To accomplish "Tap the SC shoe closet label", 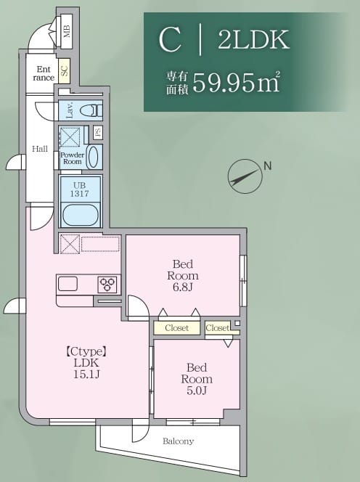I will pos(64,71).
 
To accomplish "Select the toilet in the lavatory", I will pos(89,111).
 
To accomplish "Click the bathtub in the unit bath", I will pos(80,215).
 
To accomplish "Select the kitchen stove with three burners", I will pos(108,284).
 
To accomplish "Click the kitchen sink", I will pos(68,284).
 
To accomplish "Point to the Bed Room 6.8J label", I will pos(182,275).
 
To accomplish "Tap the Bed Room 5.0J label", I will pos(197,379).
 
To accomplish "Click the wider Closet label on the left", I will pos(176,328).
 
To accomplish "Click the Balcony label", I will pos(178,441).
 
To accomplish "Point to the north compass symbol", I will pos(244,175).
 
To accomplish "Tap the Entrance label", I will pos(44,73).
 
